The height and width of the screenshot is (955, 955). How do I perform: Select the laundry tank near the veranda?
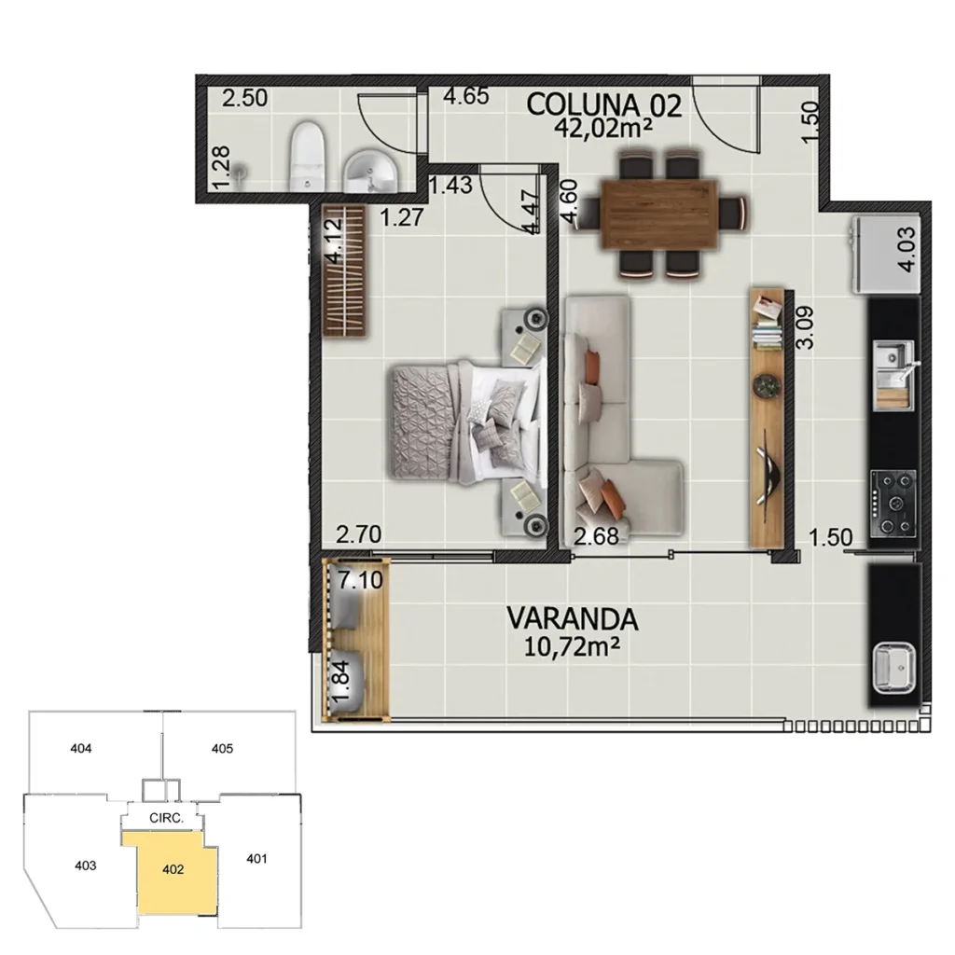(x=894, y=668)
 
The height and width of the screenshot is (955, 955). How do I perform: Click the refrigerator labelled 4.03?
(x=884, y=254)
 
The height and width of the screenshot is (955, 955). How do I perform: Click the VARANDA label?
(x=573, y=617)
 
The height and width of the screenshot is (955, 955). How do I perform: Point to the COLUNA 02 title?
(x=604, y=104)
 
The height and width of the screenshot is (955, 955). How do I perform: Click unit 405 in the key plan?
(x=222, y=748)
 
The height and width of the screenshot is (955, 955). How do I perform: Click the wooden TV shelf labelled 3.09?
(x=768, y=420)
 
